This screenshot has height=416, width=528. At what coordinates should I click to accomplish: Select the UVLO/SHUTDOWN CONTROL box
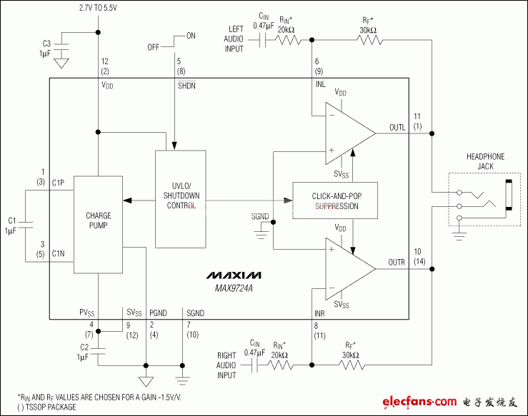click(179, 199)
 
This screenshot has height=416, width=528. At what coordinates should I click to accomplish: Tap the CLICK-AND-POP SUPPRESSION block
click(335, 201)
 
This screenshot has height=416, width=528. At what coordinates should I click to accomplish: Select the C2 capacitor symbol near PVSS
click(99, 350)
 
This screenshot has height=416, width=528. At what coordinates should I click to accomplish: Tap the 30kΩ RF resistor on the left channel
click(369, 41)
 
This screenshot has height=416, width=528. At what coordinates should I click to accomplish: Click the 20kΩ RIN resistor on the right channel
click(280, 365)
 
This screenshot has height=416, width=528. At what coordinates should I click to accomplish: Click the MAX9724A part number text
click(234, 288)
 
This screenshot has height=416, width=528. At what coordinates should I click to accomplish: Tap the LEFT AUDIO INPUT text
click(233, 39)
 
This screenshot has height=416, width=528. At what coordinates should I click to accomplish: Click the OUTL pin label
click(397, 127)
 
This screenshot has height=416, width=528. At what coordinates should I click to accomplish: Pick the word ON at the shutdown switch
click(190, 35)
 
